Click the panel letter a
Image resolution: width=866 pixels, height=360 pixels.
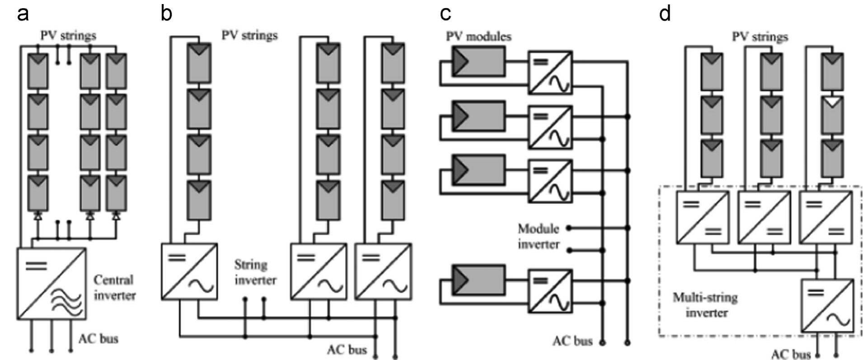click(x=23, y=14)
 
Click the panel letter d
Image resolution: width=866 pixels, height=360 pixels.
click(x=665, y=14)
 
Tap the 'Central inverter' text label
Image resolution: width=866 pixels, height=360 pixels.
click(x=114, y=288)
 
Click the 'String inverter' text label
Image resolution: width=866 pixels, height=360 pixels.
click(x=255, y=272)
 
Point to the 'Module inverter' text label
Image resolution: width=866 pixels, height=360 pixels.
click(x=538, y=236)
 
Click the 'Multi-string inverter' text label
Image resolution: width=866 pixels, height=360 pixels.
click(x=705, y=305)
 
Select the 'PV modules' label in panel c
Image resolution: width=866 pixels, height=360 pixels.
click(x=478, y=36)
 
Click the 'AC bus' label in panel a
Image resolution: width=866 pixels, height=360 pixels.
click(x=98, y=338)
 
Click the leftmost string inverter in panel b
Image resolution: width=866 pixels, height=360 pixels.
click(x=189, y=271)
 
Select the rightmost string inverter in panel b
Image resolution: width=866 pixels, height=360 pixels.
click(x=383, y=271)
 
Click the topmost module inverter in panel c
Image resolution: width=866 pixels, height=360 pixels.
click(x=550, y=72)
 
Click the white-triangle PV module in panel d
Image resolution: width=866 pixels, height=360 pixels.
click(x=832, y=114)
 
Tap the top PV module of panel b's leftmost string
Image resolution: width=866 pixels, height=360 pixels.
click(x=199, y=63)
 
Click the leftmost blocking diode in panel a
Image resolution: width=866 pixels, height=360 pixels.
click(x=38, y=216)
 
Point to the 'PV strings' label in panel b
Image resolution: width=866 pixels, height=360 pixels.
click(x=249, y=35)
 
